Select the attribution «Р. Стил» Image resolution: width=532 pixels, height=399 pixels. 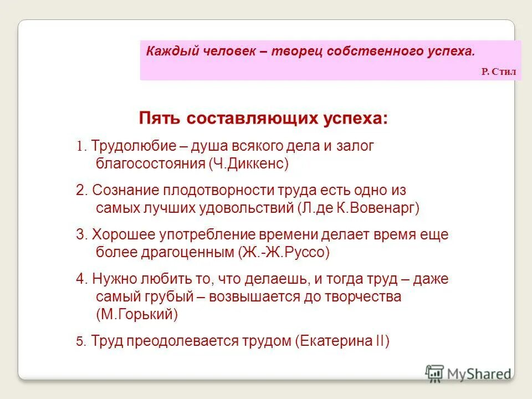498,72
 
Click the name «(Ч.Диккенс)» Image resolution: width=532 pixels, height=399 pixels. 249,164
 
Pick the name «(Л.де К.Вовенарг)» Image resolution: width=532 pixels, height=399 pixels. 359,208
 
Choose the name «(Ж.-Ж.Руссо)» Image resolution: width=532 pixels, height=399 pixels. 284,253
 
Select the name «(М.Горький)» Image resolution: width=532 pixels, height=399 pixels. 137,314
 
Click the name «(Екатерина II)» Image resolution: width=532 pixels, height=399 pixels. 342,341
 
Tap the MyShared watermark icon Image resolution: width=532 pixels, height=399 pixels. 435,372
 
